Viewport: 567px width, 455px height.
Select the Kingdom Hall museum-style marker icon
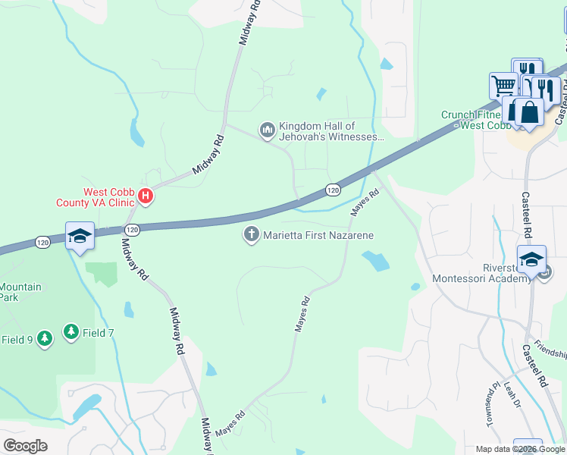coord(267,131)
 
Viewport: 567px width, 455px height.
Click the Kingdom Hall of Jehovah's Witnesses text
coord(327,131)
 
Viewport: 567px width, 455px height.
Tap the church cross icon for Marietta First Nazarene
coord(251,235)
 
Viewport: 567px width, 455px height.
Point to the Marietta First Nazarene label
coord(318,236)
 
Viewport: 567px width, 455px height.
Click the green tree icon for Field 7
coord(71,331)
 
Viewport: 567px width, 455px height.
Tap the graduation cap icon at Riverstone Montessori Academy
coord(531,259)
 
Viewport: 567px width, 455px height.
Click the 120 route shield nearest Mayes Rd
coord(332,189)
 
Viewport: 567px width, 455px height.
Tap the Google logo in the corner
coord(24,445)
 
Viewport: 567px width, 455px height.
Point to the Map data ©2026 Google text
coord(519,449)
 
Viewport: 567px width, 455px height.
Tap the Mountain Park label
coord(20,293)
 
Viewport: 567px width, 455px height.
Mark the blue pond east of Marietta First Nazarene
coord(376,262)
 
